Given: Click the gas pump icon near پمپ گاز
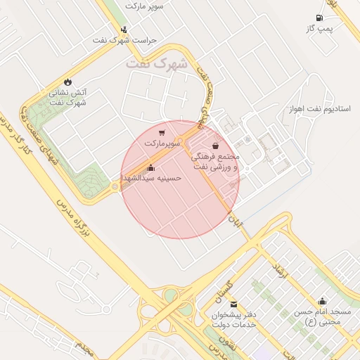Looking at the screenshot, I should pyautogui.click(x=320, y=17).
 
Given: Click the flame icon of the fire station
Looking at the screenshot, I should pyautogui.click(x=67, y=82).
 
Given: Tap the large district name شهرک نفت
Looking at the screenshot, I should pyautogui.click(x=157, y=64).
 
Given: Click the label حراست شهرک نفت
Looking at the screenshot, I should pyautogui.click(x=124, y=40).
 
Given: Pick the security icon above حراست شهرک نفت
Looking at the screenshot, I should pyautogui.click(x=124, y=30).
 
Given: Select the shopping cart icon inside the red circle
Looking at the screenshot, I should pyautogui.click(x=162, y=132).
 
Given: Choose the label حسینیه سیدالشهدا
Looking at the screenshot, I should pyautogui.click(x=152, y=178).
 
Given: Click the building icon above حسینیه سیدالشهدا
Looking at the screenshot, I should pyautogui.click(x=151, y=167).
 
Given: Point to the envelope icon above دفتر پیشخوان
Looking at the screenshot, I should pyautogui.click(x=233, y=304).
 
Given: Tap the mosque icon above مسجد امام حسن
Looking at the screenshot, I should pyautogui.click(x=323, y=301).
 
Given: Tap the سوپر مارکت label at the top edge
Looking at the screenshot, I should pyautogui.click(x=145, y=6).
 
